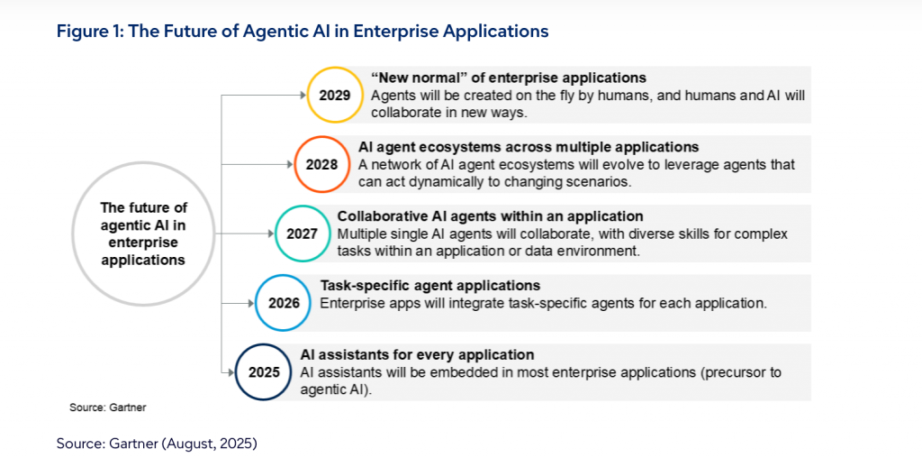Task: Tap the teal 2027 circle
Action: click(302, 206)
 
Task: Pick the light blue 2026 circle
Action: click(284, 275)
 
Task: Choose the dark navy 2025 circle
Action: click(264, 344)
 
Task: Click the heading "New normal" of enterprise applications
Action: click(509, 78)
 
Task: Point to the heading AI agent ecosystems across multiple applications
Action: click(529, 147)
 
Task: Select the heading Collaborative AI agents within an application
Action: click(491, 215)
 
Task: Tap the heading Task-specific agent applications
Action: click(429, 286)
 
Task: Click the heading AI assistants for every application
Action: click(417, 355)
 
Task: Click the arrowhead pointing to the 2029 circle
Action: click(303, 96)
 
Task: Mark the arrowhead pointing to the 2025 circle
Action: click(231, 372)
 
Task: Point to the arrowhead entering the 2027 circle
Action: click(270, 234)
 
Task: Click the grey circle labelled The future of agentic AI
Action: click(143, 162)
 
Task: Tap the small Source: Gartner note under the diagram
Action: click(107, 408)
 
